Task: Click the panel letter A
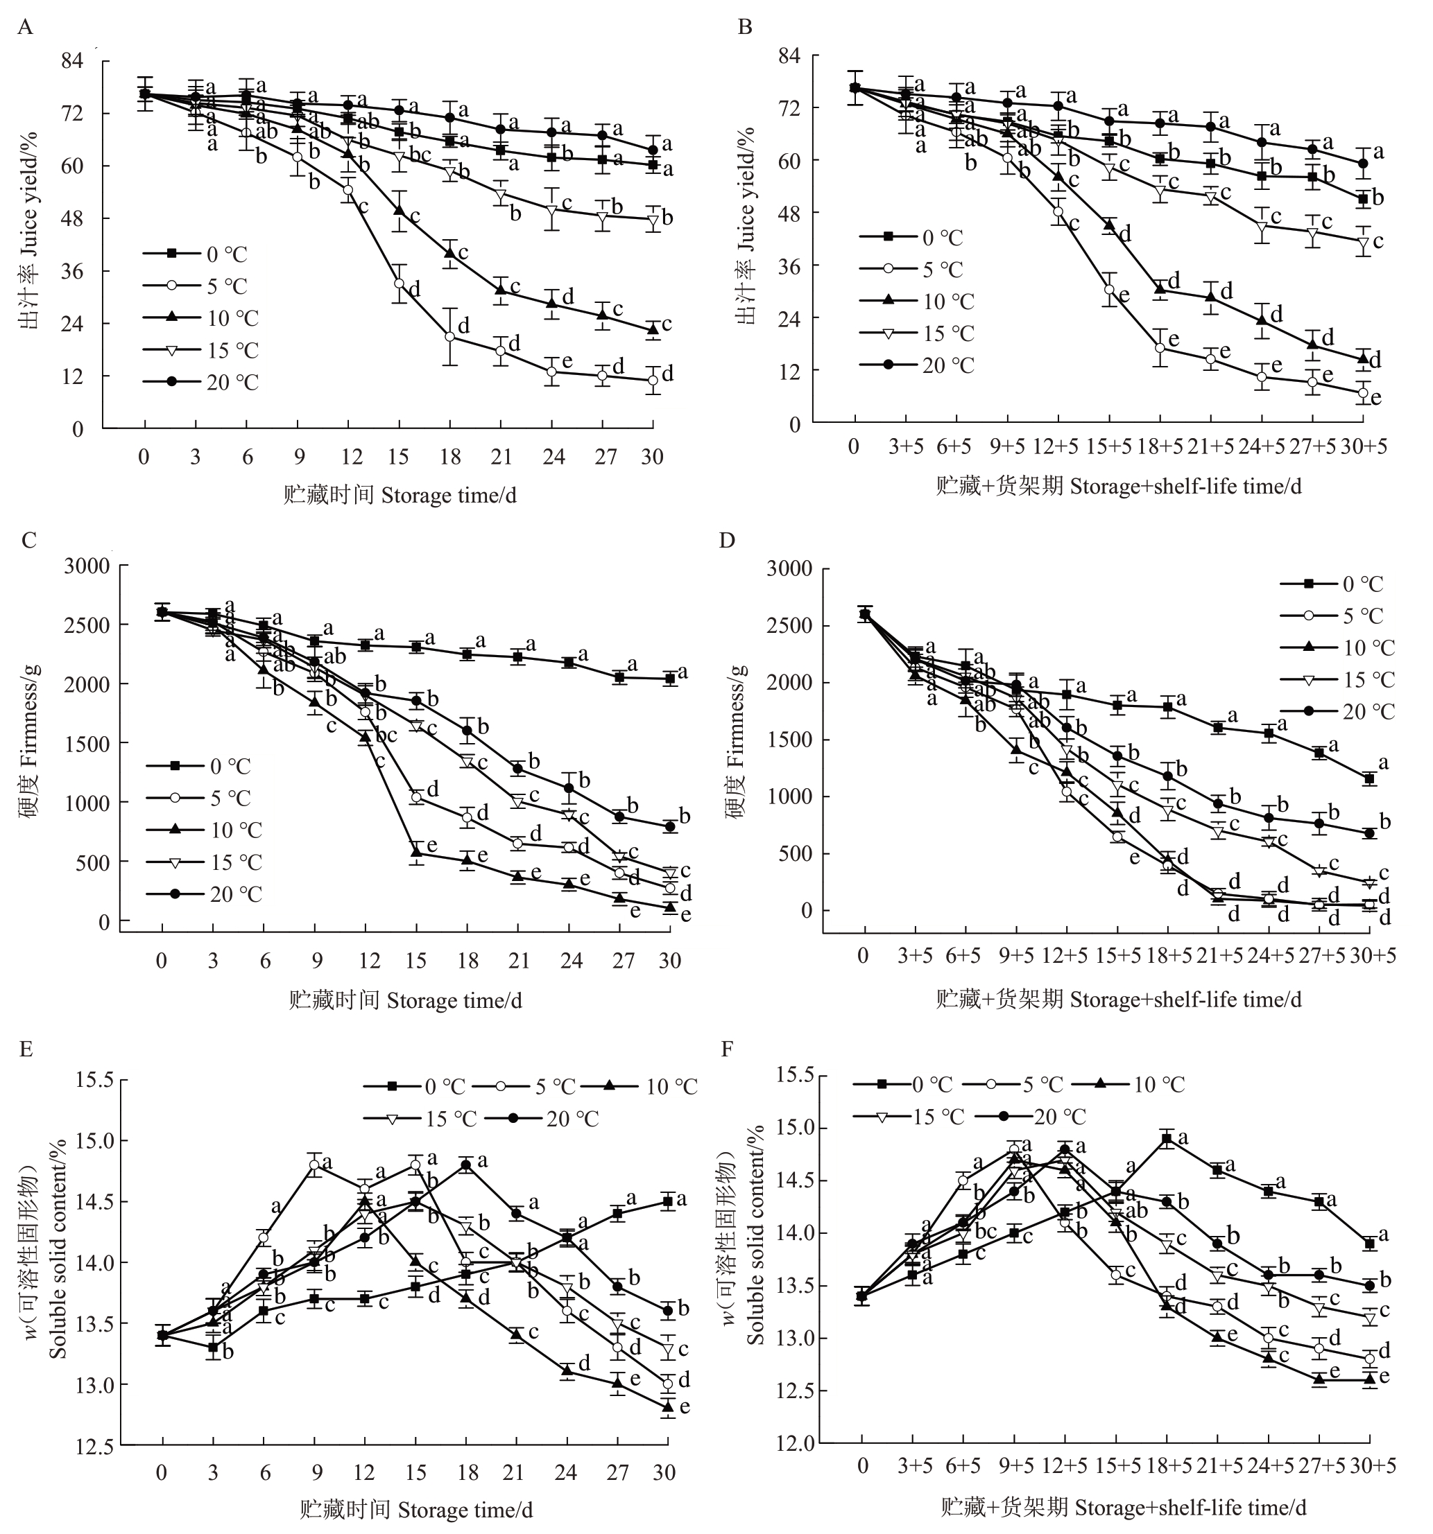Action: point(25,28)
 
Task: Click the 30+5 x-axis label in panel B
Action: point(1364,447)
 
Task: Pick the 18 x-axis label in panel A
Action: point(450,457)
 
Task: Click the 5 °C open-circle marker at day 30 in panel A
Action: point(653,380)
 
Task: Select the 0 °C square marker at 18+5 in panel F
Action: point(1167,1139)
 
